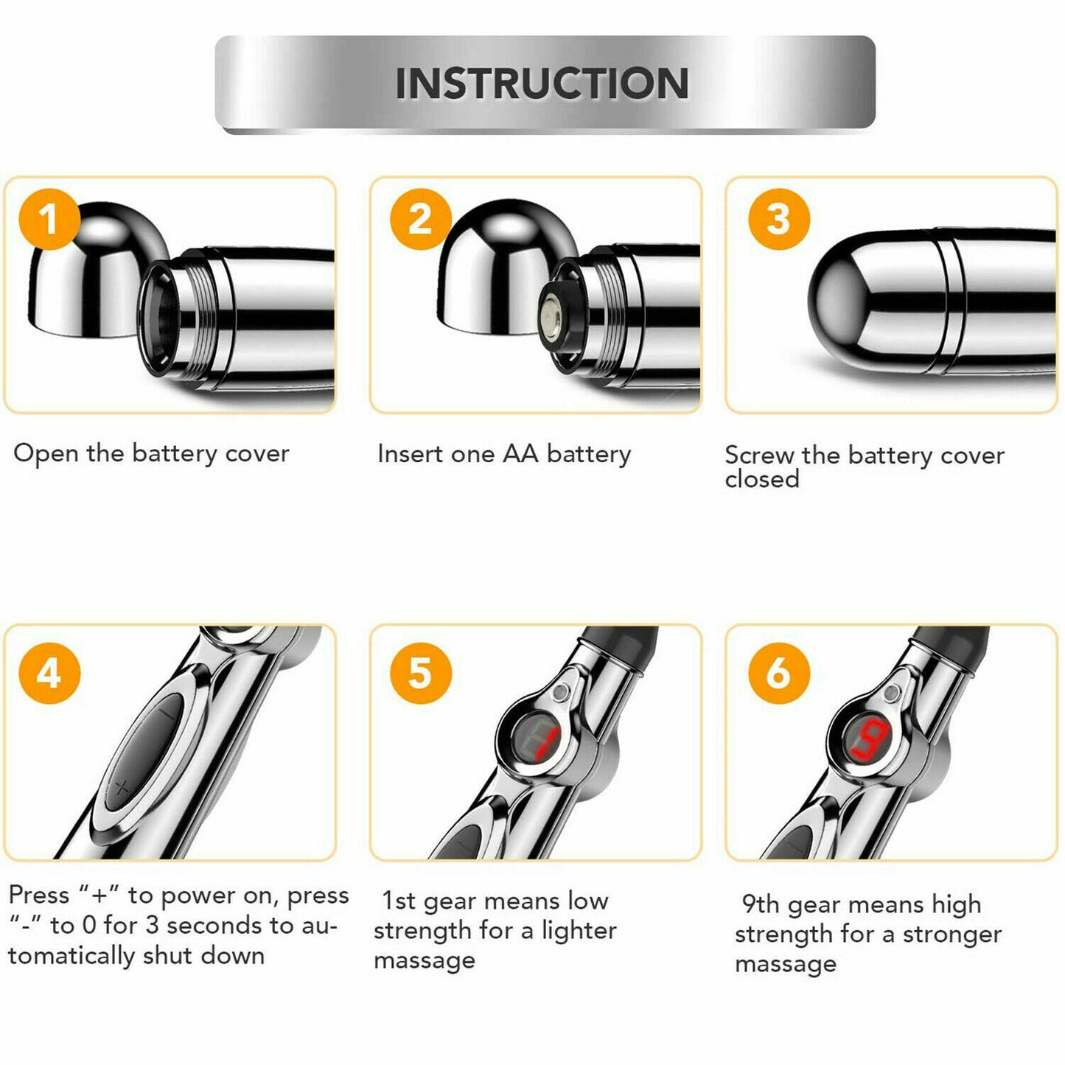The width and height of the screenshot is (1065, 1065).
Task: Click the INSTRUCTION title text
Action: (x=542, y=83)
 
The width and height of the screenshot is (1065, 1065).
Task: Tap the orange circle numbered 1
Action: (x=49, y=220)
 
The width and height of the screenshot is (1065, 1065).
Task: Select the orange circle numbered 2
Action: (x=421, y=220)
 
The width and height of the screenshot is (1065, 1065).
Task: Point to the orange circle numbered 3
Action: (x=779, y=220)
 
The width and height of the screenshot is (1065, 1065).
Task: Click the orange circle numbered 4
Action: (x=49, y=673)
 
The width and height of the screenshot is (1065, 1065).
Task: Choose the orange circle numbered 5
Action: (x=421, y=673)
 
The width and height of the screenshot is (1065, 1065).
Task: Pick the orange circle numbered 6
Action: (x=779, y=673)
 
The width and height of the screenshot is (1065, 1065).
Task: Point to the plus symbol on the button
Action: (x=122, y=787)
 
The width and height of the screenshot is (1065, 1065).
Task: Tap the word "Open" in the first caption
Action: (x=46, y=454)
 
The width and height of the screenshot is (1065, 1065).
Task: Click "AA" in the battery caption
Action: (x=520, y=454)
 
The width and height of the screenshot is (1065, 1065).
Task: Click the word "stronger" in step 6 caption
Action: (x=952, y=934)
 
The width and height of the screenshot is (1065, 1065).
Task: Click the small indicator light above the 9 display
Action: (x=890, y=694)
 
